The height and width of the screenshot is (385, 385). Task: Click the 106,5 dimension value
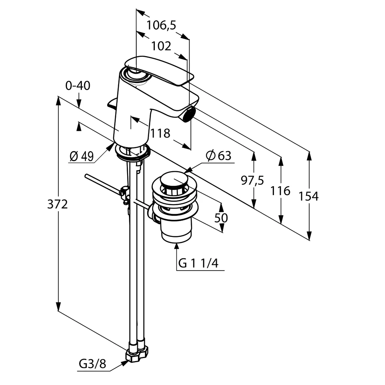161,25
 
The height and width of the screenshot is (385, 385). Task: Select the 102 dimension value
161,46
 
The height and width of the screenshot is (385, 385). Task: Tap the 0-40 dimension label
78,86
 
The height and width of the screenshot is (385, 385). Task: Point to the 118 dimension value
160,133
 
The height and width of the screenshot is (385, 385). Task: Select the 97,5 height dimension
252,181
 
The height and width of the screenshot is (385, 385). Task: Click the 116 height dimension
280,191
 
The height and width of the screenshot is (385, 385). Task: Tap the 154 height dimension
309,196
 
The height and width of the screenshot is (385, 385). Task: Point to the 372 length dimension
58,204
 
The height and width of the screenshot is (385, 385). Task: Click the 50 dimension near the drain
221,218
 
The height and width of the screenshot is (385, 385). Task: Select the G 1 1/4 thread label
198,263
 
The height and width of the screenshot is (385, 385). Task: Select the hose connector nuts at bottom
137,353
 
